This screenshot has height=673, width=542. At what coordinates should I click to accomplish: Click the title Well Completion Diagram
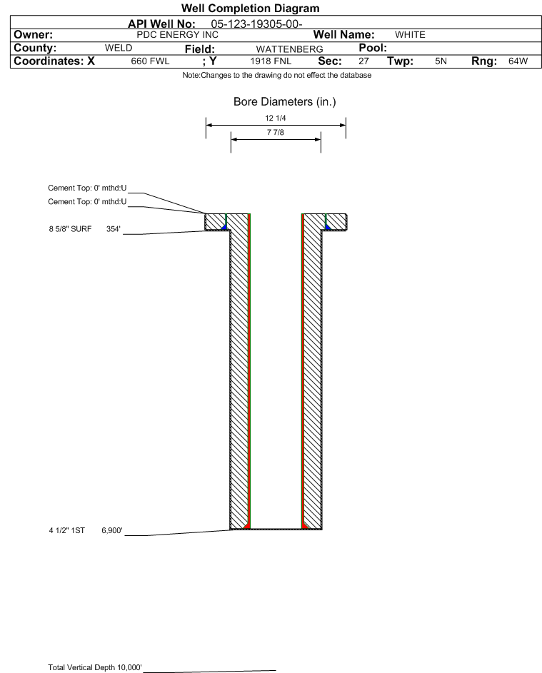250,9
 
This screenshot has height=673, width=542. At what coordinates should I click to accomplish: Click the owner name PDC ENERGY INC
177,35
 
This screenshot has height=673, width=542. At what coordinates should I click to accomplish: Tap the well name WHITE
410,35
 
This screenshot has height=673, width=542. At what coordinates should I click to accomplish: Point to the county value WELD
119,49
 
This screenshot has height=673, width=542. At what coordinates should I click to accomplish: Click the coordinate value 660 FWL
150,62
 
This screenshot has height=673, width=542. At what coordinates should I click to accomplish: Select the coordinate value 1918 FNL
270,62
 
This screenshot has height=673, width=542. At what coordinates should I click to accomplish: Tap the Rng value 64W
518,62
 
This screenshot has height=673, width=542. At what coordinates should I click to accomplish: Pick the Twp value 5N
441,62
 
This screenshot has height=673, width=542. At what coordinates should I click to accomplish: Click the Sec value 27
363,62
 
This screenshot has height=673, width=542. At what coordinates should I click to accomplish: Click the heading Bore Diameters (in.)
284,102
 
